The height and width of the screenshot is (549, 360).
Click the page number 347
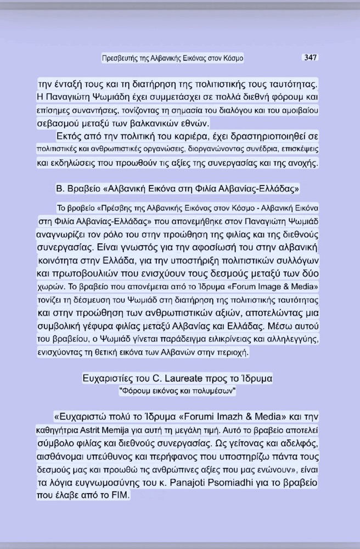click(311, 58)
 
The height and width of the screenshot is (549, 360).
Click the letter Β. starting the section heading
click(61, 189)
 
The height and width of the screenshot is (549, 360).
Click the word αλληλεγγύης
click(290, 339)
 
